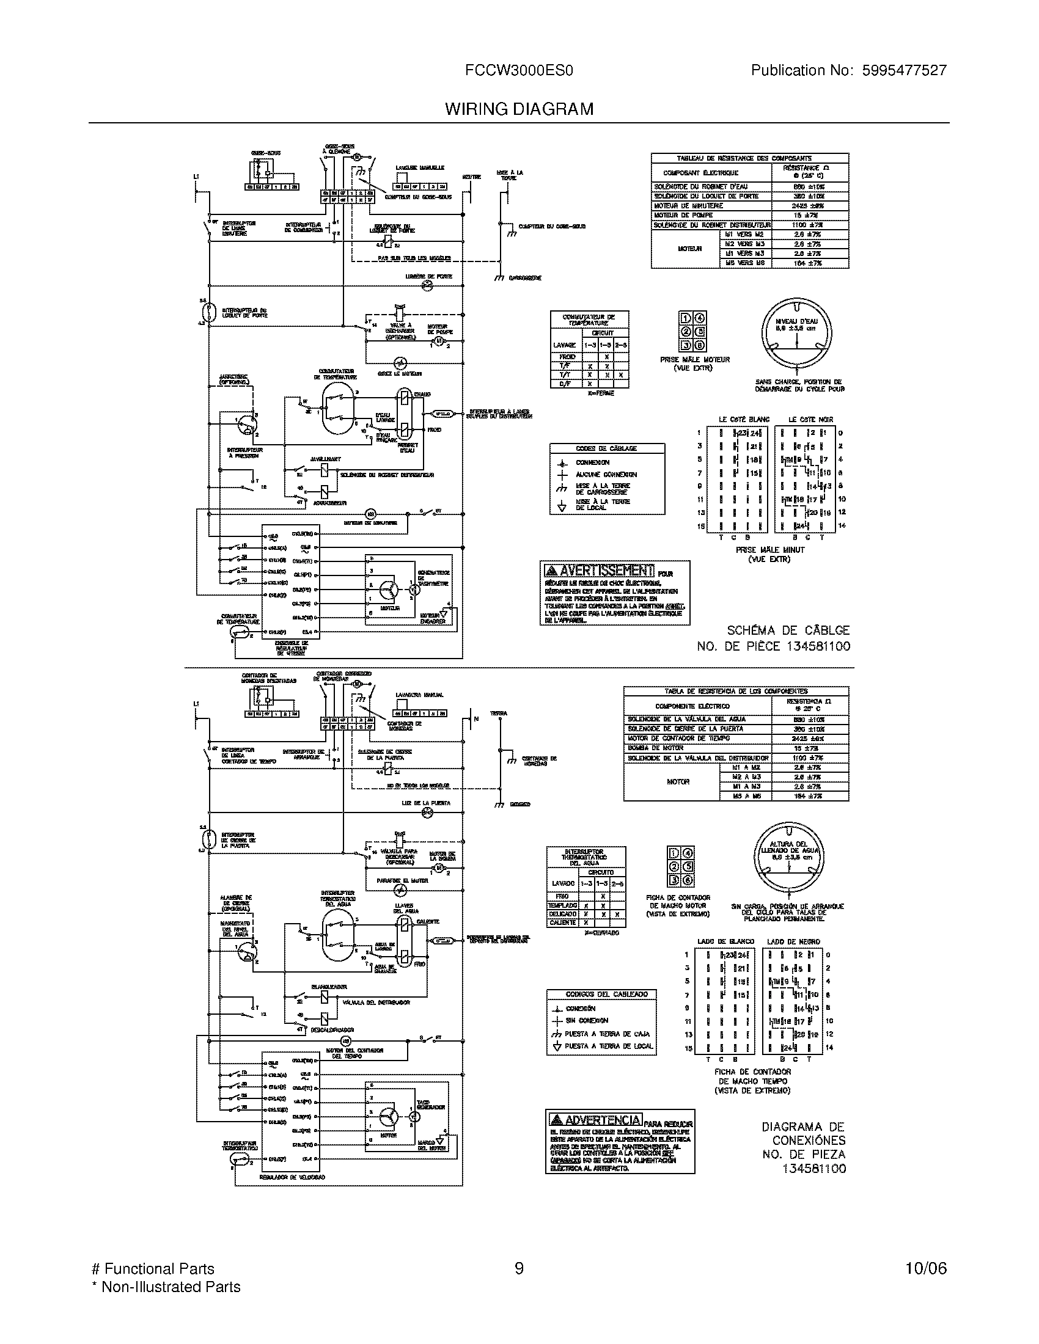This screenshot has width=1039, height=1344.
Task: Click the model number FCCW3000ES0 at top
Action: click(x=519, y=71)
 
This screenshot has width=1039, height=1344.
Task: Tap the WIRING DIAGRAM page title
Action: click(x=519, y=109)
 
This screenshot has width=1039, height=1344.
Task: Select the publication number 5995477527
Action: click(x=904, y=71)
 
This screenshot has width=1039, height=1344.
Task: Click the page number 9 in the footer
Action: click(x=519, y=1269)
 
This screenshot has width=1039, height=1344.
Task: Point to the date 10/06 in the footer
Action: click(x=926, y=1269)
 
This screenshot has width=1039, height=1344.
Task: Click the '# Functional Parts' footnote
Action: click(x=153, y=1269)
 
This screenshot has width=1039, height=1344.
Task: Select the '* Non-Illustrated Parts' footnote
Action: click(x=166, y=1287)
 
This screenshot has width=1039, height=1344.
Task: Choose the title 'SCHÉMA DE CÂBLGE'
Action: click(x=788, y=630)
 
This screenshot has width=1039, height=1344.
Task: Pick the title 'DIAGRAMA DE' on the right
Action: click(x=803, y=1127)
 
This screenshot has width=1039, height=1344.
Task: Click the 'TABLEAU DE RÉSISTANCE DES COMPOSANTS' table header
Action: click(x=749, y=158)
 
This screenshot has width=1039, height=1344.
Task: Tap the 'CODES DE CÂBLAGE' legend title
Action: click(x=606, y=448)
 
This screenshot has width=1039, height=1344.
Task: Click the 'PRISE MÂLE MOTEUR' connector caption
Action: click(x=694, y=359)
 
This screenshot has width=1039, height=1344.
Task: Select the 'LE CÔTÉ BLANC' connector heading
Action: click(x=744, y=419)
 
